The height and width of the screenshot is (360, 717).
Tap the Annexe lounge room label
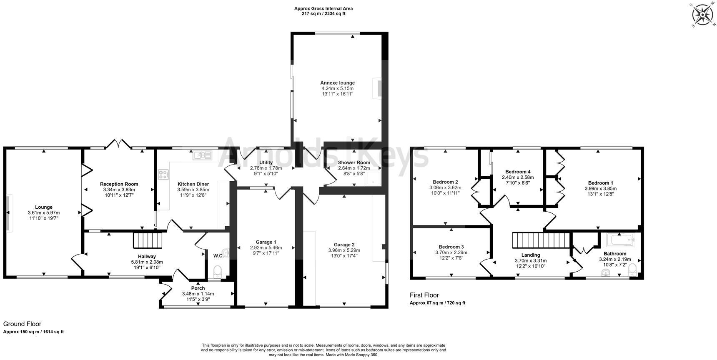click(337, 83)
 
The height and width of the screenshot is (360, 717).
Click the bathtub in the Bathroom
click(620, 240)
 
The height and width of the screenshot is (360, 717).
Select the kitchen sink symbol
click(202, 155)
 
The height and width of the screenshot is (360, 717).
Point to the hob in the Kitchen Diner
click(163, 175)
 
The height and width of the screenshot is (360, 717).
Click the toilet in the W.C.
click(218, 272)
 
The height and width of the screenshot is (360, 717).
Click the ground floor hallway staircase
click(147, 240)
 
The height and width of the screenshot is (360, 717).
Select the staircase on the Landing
click(540, 240)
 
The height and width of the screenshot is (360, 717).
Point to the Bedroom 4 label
click(518, 172)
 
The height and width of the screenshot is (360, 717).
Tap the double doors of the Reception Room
click(118, 144)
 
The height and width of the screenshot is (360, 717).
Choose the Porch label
click(198, 288)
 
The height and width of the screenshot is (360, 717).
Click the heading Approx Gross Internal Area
click(323, 8)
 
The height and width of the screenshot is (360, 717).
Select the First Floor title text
click(424, 295)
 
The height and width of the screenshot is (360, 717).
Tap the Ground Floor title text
click(22, 324)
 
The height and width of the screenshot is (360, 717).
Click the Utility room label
click(266, 162)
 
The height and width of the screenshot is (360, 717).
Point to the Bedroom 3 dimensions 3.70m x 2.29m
click(451, 252)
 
